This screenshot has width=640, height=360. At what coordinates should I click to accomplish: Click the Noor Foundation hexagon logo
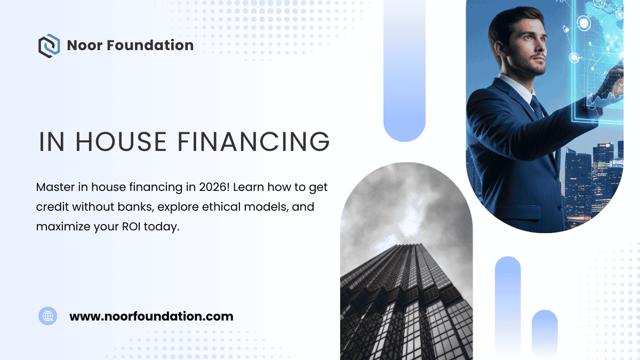49,45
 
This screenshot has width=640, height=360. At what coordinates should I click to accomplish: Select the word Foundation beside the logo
150,45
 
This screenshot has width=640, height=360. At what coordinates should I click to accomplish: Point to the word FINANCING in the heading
253,141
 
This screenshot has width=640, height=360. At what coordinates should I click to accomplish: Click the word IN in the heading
52,141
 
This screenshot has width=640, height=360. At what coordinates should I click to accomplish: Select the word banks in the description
138,207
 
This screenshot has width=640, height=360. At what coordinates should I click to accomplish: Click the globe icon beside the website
48,316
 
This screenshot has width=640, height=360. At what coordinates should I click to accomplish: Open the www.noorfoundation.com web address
151,316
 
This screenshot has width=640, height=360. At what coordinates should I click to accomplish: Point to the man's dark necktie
535,107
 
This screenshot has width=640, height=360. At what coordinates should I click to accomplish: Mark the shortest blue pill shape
545,333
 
